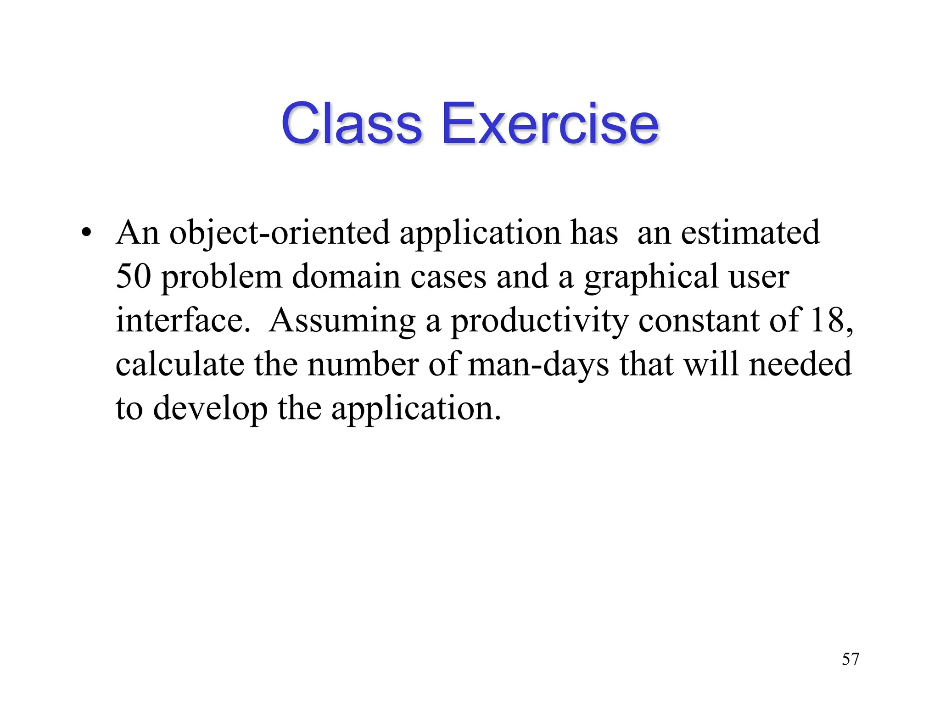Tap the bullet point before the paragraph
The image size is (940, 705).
coord(85,232)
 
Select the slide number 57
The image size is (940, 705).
coord(850,659)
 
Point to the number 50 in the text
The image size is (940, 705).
coord(133,276)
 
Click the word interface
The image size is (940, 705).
coord(183,320)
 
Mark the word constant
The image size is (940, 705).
coord(698,320)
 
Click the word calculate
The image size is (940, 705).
coord(179,364)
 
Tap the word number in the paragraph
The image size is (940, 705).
coord(363,364)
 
